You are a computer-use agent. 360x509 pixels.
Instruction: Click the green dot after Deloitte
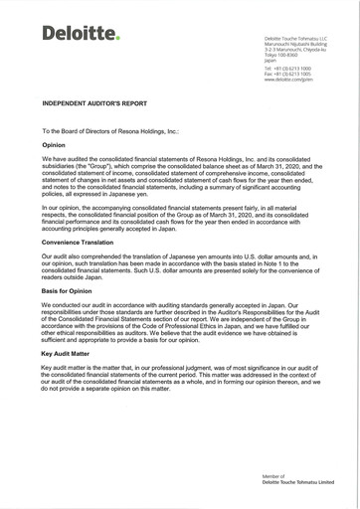[x=117, y=39]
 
